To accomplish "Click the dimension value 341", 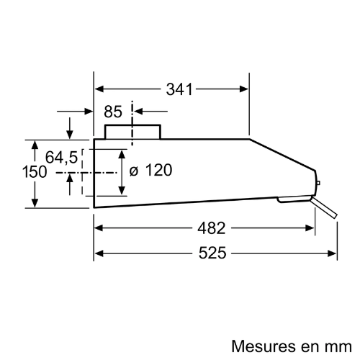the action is click(179, 89).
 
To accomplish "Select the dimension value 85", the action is click(113, 112).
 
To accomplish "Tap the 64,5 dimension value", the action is click(62, 158).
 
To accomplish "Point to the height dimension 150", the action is click(35, 172).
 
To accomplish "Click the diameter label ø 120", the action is click(150, 170).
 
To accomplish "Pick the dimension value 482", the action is click(212, 228).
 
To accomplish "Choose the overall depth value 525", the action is click(212, 253).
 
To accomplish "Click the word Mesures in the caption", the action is click(264, 346).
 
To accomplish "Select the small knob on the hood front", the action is click(318, 183).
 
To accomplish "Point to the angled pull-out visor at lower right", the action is click(324, 207).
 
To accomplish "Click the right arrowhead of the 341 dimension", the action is click(244, 89).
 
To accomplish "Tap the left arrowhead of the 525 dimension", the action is click(99, 253).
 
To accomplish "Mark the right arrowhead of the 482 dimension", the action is click(310, 228).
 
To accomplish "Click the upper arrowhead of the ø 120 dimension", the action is click(122, 154).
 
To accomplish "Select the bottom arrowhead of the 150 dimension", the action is click(35, 203).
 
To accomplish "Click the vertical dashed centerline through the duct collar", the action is click(132, 123).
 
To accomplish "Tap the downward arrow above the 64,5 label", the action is click(70, 128).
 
